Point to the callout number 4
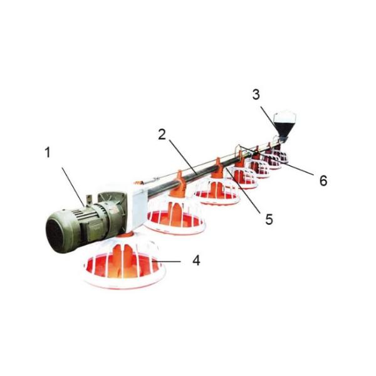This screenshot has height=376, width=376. click(196, 260)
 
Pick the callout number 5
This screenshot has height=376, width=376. click(269, 219)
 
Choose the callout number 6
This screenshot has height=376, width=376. click(323, 181)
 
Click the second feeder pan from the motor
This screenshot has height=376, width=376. click(175, 216)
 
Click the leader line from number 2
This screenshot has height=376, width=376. click(182, 156)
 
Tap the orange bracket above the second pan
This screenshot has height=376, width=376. click(179, 182)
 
